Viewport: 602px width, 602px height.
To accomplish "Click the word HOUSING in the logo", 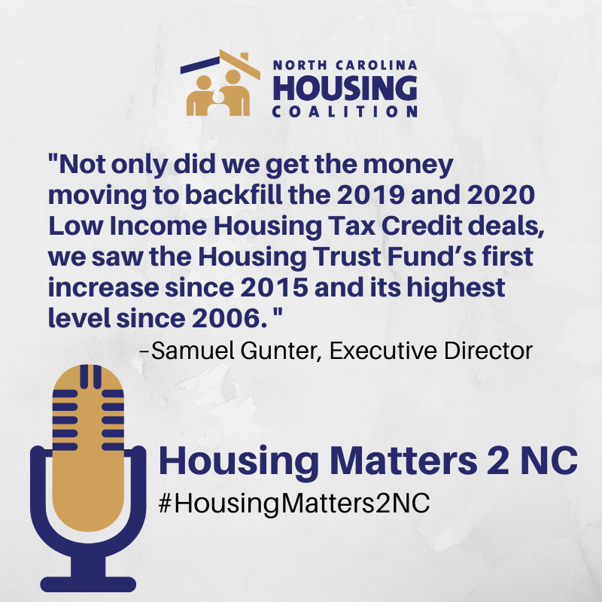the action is click(345, 88).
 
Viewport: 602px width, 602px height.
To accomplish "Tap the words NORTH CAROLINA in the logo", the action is click(345, 65).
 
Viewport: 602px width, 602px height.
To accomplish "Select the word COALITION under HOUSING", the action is click(345, 111).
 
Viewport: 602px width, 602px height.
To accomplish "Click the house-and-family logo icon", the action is click(220, 83).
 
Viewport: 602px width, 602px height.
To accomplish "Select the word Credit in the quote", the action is click(421, 225).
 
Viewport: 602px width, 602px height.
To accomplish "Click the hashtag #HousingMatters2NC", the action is click(294, 503).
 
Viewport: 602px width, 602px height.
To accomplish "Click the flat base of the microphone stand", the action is click(88, 584).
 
